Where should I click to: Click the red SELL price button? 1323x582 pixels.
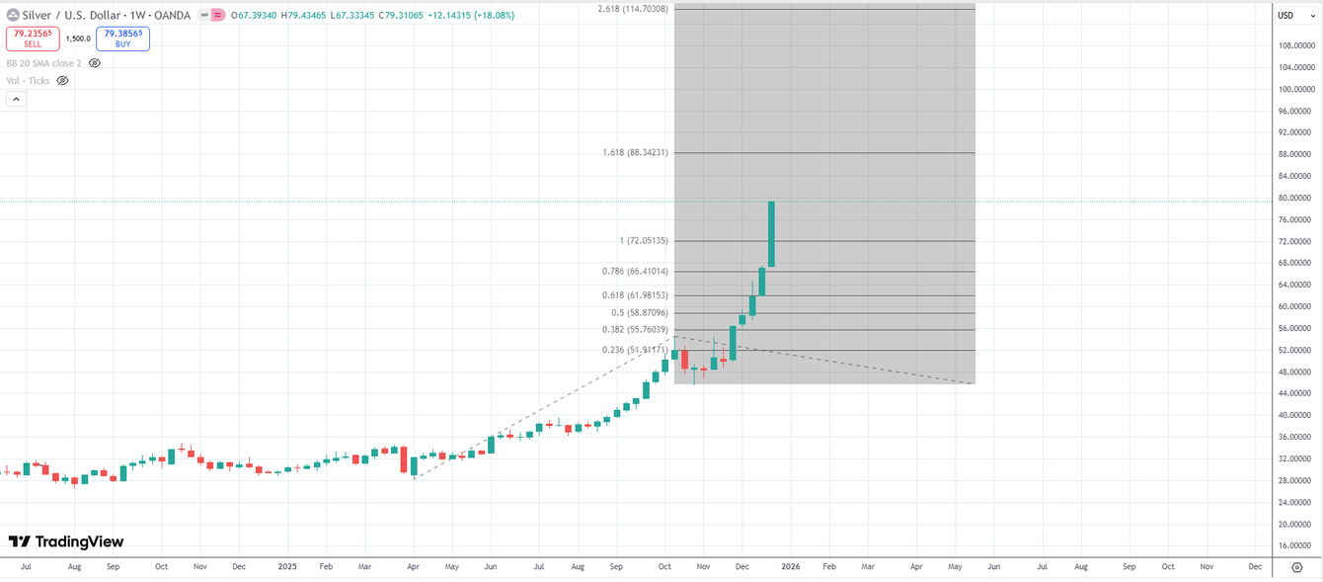coord(33,39)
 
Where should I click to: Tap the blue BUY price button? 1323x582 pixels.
coord(122,39)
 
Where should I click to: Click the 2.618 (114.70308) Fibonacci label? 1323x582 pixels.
coord(633,9)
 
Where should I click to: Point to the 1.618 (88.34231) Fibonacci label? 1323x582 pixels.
coord(635,153)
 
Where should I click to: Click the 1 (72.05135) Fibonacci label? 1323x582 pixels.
coord(644,241)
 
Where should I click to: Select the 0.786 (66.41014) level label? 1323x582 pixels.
coord(635,272)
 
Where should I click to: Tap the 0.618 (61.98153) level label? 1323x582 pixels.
coord(635,295)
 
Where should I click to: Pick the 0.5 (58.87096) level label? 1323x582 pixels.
coord(639,313)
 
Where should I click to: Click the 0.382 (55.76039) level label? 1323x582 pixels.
coord(635,330)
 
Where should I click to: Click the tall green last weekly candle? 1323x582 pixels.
coord(771,234)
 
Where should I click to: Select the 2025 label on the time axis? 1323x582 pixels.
coord(287,567)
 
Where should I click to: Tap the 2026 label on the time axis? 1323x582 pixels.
coord(791,567)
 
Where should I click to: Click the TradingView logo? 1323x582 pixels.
coord(66,541)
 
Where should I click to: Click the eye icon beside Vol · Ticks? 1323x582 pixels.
coord(62,81)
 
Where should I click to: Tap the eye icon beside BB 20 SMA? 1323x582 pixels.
coord(95,63)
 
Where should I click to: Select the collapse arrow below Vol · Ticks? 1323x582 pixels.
coord(16,99)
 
